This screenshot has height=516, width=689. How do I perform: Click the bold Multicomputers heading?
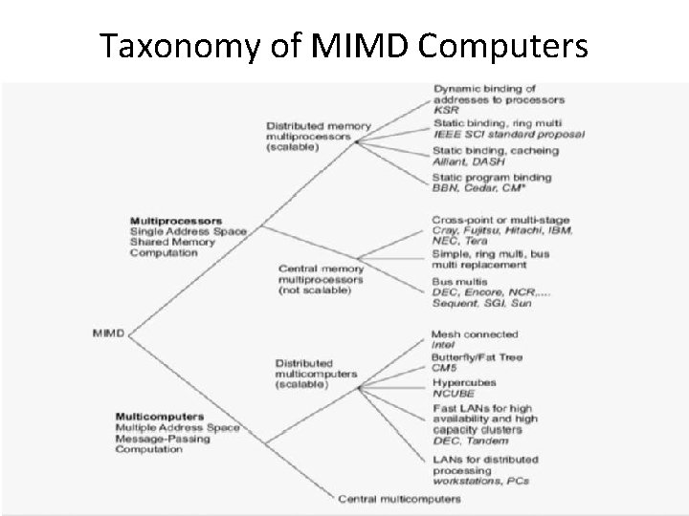[x=158, y=416]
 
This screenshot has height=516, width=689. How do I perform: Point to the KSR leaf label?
[x=445, y=111]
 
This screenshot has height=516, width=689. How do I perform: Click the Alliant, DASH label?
[x=467, y=161]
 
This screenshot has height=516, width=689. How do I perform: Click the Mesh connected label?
[x=475, y=333]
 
